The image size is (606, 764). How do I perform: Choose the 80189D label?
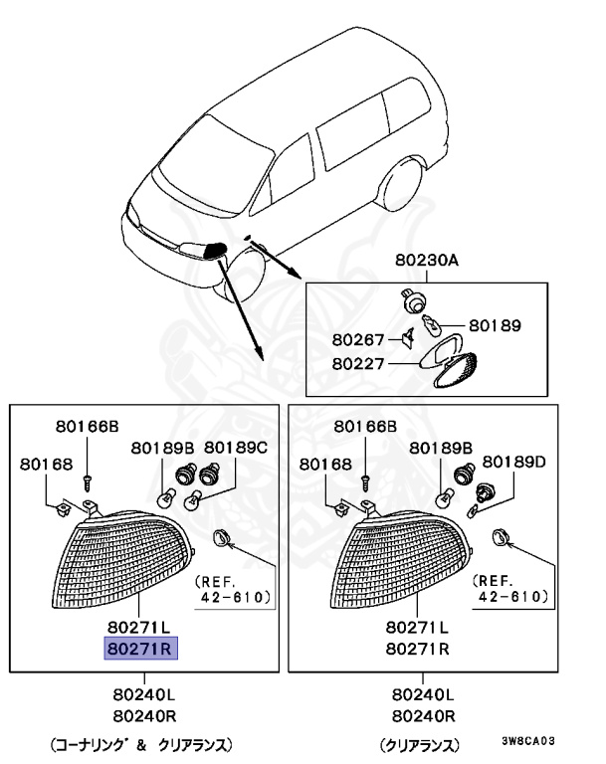click(x=514, y=461)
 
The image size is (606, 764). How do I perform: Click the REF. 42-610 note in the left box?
click(x=232, y=589)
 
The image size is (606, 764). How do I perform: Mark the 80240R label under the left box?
click(x=141, y=714)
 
